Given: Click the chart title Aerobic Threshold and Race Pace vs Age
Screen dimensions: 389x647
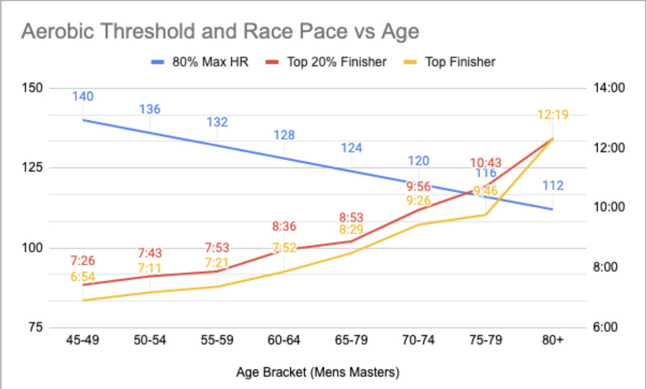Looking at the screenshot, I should click(220, 32).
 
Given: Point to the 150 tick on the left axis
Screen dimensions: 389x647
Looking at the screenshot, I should click(32, 88).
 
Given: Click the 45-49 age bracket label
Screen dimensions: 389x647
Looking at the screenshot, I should click(83, 341).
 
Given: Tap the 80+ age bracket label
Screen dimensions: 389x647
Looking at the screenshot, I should click(553, 341).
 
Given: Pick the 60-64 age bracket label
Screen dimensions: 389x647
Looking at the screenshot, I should click(284, 341).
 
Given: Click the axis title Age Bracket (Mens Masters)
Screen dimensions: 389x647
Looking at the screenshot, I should click(318, 373).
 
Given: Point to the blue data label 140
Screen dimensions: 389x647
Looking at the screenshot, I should click(83, 96).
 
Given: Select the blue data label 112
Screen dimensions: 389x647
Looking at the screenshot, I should click(553, 186).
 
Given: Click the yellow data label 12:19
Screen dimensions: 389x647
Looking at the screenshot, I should click(553, 115).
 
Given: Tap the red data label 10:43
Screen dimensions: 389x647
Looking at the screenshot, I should click(486, 163).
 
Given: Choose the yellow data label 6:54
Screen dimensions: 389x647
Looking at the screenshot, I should click(83, 277).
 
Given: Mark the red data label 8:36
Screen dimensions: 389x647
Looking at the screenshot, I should click(284, 226).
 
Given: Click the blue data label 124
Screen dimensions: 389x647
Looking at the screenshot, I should click(351, 148).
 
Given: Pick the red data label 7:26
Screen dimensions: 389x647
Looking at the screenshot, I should click(83, 261).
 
